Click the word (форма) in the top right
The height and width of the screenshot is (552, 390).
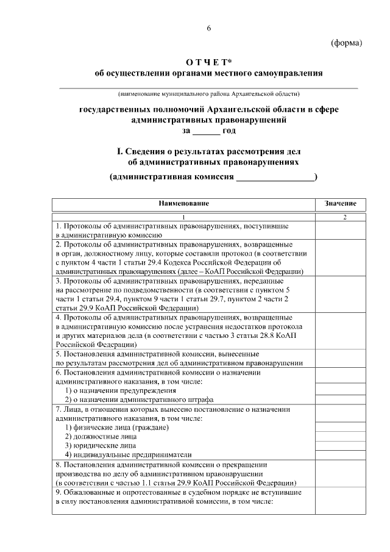coord(346,43)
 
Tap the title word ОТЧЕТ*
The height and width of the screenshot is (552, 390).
coord(208,62)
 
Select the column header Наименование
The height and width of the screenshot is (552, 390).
coord(183,203)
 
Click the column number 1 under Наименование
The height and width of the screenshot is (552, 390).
coord(183,217)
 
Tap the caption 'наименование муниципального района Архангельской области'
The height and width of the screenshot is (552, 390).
coord(208,94)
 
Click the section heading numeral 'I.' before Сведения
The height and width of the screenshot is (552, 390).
coord(112,151)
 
